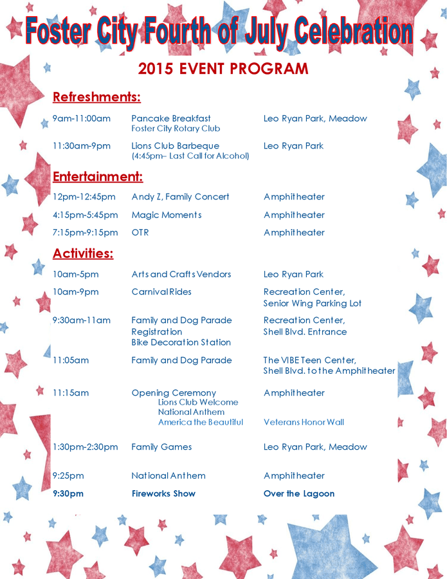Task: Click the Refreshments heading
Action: (x=96, y=97)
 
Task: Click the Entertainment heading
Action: (x=98, y=176)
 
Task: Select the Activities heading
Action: (x=83, y=253)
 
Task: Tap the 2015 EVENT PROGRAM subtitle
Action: (x=223, y=69)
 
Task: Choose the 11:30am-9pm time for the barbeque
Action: (x=82, y=146)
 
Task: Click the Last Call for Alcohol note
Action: (x=190, y=156)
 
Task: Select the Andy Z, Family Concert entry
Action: (x=180, y=197)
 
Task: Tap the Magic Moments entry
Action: (x=167, y=215)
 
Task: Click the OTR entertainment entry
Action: (x=140, y=232)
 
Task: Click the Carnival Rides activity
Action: (x=161, y=292)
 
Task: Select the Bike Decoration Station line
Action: (x=181, y=342)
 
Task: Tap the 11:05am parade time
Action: (x=71, y=360)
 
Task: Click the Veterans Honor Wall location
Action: (x=304, y=423)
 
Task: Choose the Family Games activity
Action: (x=161, y=447)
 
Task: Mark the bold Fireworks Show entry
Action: (x=163, y=493)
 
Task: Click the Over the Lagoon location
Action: (x=299, y=493)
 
